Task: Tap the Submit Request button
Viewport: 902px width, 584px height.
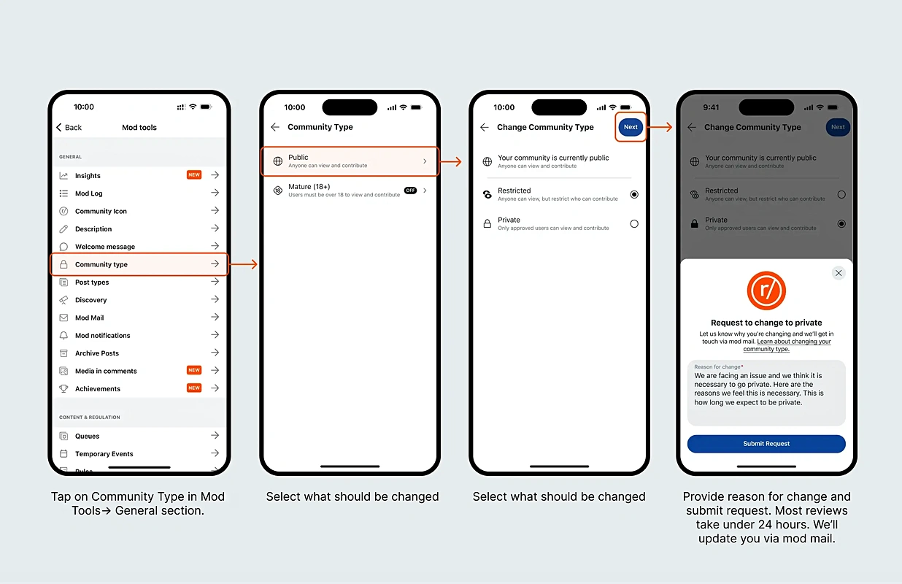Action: coord(766,443)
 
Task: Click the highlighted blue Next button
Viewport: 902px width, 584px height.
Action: coord(631,127)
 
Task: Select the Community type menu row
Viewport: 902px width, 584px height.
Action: coord(139,264)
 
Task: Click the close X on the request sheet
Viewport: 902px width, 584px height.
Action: coord(839,273)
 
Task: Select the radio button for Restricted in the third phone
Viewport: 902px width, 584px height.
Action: coord(634,194)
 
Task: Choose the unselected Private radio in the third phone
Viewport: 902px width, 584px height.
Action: coord(634,224)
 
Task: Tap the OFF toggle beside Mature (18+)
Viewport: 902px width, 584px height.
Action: coord(410,191)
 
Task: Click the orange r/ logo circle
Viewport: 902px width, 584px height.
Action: coord(766,291)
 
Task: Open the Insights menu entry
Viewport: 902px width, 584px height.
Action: coord(139,175)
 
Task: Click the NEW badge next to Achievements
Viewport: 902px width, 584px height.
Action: coord(194,388)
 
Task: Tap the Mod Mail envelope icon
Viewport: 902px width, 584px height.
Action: coord(63,318)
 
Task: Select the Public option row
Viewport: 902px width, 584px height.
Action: coord(350,161)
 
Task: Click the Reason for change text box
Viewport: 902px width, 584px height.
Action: coord(766,393)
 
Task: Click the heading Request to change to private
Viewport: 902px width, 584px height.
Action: coord(766,323)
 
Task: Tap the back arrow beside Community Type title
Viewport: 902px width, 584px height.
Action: coord(275,127)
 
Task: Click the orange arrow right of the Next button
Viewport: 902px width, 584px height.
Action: coord(660,127)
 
